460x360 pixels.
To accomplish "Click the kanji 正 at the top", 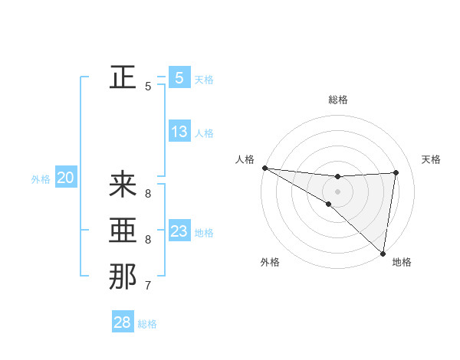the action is (x=123, y=77).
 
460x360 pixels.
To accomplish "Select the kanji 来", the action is (x=123, y=184).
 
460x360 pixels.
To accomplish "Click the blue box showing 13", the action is (x=179, y=132).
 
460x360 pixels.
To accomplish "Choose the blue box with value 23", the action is (x=179, y=231).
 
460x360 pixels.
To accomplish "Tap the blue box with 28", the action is (x=122, y=322).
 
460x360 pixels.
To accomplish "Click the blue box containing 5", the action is (x=179, y=77).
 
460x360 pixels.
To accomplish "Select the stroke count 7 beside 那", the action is (x=147, y=286).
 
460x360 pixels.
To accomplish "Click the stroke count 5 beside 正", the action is (x=147, y=87).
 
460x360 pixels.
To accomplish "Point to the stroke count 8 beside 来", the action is (x=147, y=193).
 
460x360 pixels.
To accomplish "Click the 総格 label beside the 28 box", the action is (x=147, y=324).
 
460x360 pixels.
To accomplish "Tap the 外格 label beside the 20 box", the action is (x=41, y=180).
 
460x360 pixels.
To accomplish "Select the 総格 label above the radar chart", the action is (x=338, y=100).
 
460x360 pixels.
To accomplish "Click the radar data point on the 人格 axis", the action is (x=264, y=168).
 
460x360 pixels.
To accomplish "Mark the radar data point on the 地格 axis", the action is (x=383, y=253).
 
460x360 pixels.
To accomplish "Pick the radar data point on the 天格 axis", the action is (x=396, y=172).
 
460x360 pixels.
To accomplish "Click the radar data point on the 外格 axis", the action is (x=329, y=204).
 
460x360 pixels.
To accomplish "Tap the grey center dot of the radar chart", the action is (x=337, y=191).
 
